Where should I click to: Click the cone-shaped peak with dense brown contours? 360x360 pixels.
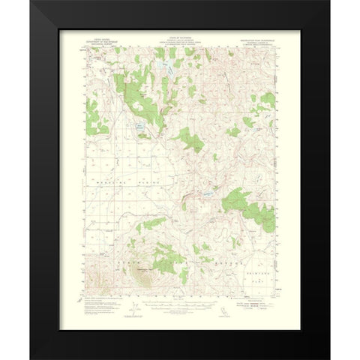coord(143,270)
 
